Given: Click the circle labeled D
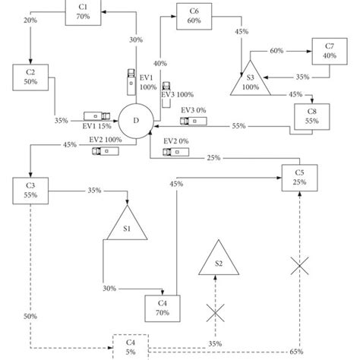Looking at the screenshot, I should click(x=137, y=121).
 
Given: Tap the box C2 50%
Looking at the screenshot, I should click(x=30, y=77).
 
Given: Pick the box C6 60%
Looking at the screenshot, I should click(x=194, y=17).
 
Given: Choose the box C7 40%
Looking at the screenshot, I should click(x=330, y=50).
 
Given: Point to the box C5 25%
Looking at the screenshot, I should click(x=300, y=177).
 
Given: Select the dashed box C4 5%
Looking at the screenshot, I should click(x=131, y=346).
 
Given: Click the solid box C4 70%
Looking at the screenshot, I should click(x=162, y=307).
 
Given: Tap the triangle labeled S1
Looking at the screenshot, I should click(x=127, y=225).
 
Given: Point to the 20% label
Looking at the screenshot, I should click(x=31, y=21).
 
